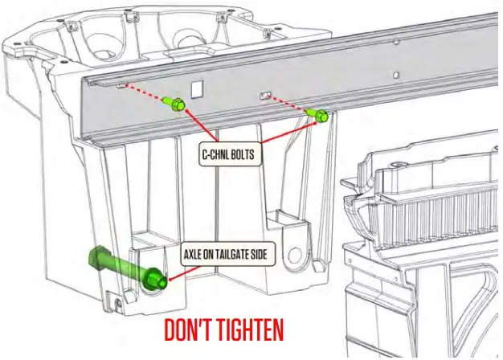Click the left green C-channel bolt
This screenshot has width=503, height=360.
[x=174, y=104]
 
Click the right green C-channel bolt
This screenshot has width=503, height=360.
[x=319, y=116]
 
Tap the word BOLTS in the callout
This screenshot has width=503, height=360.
[x=244, y=154]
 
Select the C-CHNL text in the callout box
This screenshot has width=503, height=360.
[x=217, y=154]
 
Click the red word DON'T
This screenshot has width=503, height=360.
[x=190, y=331]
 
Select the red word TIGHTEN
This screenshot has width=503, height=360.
[x=252, y=331]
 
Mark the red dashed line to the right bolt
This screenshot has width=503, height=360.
[x=288, y=104]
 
